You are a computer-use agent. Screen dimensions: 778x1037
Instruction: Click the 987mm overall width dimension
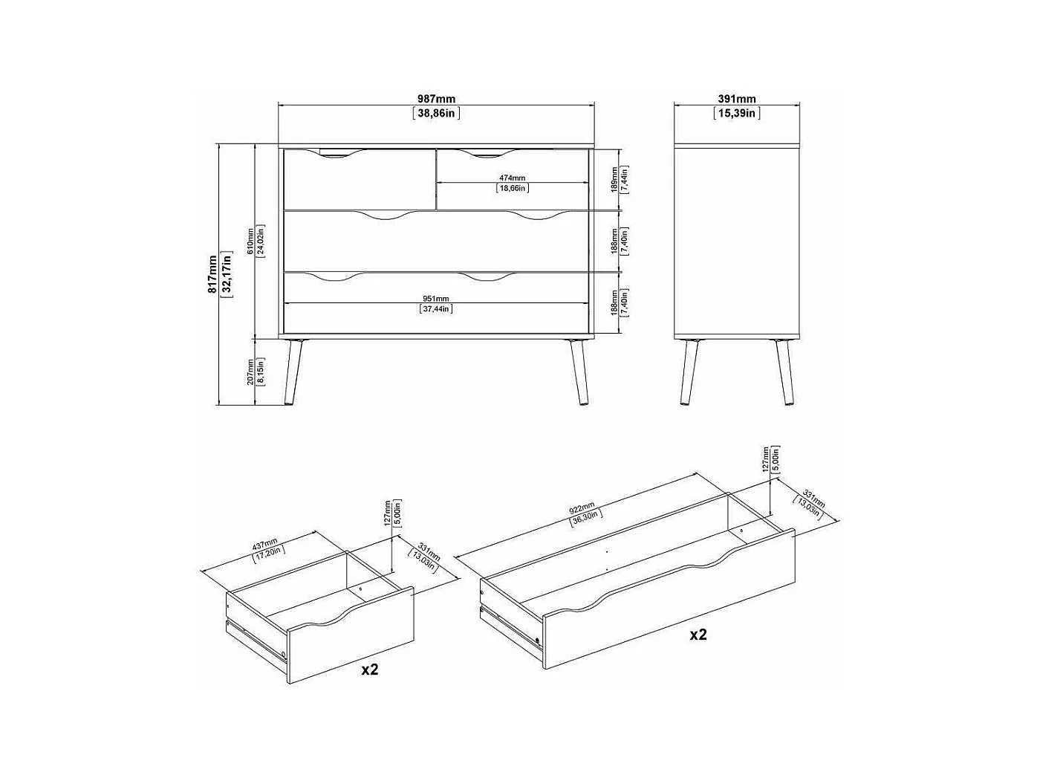(436, 99)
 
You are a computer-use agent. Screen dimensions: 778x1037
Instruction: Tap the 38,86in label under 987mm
(436, 114)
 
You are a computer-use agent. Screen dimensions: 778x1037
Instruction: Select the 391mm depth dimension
(736, 99)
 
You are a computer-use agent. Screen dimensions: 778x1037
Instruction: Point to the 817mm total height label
(212, 274)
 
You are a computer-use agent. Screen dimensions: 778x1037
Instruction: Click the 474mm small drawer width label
(512, 178)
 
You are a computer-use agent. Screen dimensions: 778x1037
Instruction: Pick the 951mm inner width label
(436, 299)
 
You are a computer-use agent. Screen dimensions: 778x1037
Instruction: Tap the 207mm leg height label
(252, 371)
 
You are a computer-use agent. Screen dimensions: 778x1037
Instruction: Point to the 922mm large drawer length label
(582, 508)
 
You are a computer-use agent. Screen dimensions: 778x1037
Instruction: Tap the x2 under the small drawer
(369, 670)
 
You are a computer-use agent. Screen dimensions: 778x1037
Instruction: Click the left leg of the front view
(293, 372)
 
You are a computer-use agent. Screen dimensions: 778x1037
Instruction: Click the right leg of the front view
(577, 372)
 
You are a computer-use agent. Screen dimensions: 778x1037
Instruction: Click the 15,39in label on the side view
(736, 114)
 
